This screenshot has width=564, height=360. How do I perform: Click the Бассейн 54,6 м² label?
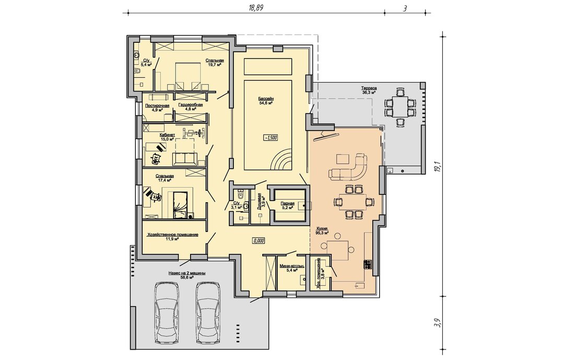tap(266, 101)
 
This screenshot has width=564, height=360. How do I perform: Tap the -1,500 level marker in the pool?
tap(270, 137)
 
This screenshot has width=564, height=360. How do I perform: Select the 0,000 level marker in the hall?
tap(258, 241)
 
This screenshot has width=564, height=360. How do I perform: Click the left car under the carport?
tap(167, 313)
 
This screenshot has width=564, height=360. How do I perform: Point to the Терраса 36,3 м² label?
tap(369, 90)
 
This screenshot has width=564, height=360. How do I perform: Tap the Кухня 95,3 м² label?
tap(323, 230)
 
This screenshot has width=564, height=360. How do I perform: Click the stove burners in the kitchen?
tap(368, 264)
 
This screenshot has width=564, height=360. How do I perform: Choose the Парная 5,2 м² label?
tap(287, 205)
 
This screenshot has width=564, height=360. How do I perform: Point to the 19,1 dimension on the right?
tap(437, 166)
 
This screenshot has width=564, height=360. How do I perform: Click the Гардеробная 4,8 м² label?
tap(191, 107)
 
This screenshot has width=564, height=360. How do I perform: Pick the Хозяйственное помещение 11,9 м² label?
tap(173, 237)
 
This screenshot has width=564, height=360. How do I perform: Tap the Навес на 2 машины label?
tap(186, 273)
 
